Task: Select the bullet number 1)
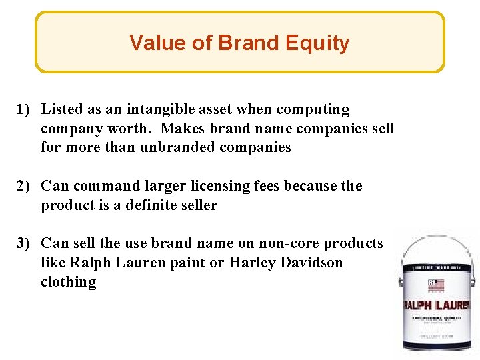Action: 27,109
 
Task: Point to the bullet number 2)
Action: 27,186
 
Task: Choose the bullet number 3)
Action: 27,243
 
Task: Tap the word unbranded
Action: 175,147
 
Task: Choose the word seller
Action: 198,205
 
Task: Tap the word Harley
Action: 249,263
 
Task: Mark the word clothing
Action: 69,282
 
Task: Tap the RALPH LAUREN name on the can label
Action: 436,305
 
